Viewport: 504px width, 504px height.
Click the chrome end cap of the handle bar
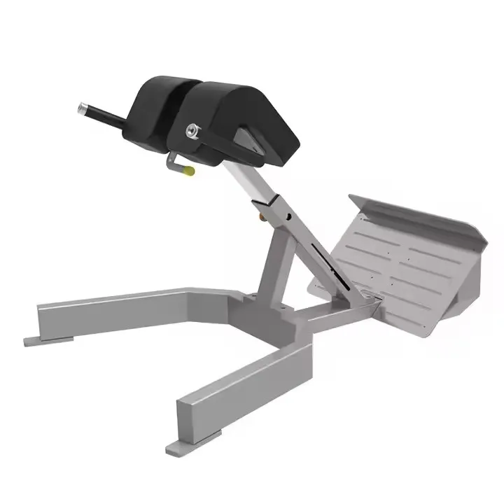point(83,108)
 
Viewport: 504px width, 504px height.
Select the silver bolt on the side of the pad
point(192,130)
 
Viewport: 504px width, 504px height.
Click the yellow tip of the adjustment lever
point(189,169)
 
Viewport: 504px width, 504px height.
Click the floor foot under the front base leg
point(185,444)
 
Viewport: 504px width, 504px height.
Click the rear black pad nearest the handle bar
point(157,105)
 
